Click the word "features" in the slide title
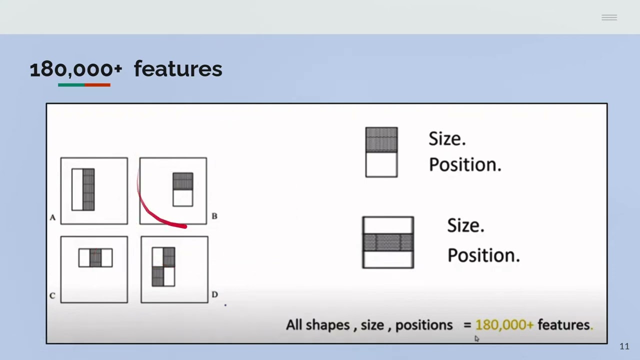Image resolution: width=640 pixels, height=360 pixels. click(x=177, y=69)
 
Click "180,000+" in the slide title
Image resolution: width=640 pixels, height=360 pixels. click(x=75, y=69)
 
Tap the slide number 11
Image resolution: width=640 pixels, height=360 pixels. click(x=624, y=346)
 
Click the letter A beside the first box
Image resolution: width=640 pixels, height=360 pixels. click(x=52, y=217)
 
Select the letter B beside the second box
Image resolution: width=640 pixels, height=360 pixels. click(x=214, y=216)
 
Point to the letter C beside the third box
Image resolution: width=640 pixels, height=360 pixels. click(x=52, y=295)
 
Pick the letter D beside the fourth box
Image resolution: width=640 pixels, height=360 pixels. click(x=214, y=294)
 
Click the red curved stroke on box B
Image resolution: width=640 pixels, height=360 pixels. click(x=155, y=215)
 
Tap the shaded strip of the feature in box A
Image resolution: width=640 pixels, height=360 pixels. click(x=88, y=189)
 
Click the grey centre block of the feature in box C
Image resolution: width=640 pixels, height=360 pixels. click(x=95, y=258)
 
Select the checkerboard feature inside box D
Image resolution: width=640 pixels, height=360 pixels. click(x=163, y=267)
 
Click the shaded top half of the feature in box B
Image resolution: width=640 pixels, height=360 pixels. click(x=182, y=181)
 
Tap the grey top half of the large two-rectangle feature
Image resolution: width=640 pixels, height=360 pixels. click(x=381, y=139)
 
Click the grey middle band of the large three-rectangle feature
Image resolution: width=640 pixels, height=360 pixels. click(x=388, y=242)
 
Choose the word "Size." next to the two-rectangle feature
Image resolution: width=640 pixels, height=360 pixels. click(x=447, y=138)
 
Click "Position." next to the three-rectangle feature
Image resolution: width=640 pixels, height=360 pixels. click(x=483, y=255)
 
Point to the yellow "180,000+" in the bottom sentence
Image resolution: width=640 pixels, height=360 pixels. click(x=504, y=325)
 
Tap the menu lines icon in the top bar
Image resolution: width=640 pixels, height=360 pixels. click(x=609, y=17)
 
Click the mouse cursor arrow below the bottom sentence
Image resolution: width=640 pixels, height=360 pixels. click(x=476, y=338)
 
